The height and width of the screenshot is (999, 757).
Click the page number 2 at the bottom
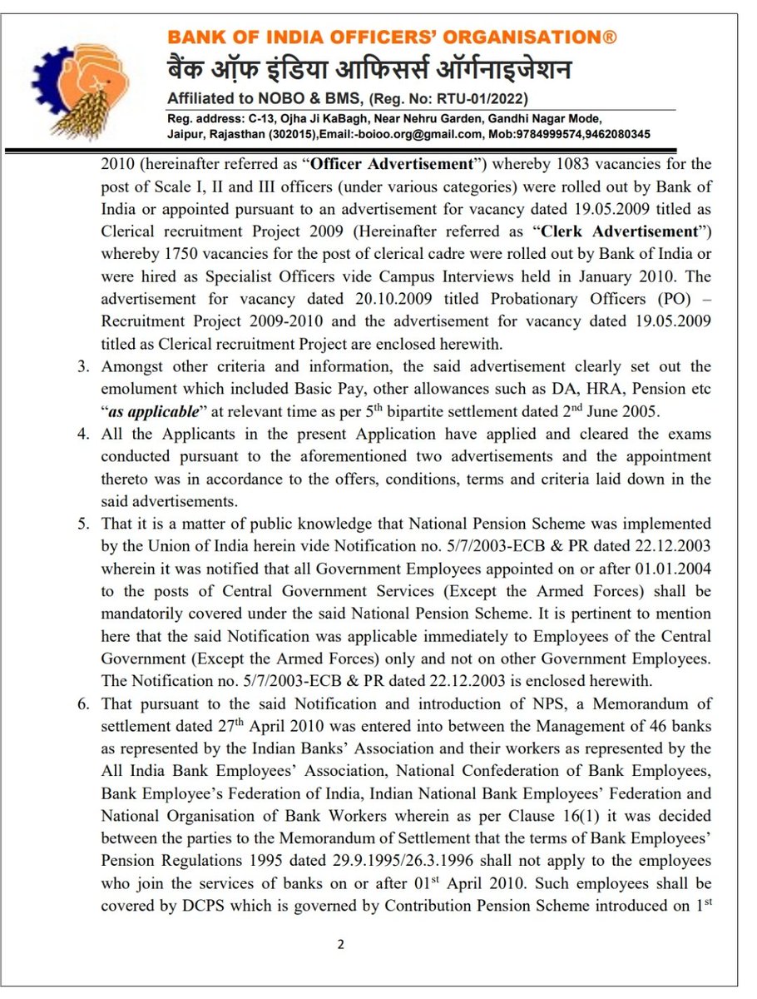(340, 944)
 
